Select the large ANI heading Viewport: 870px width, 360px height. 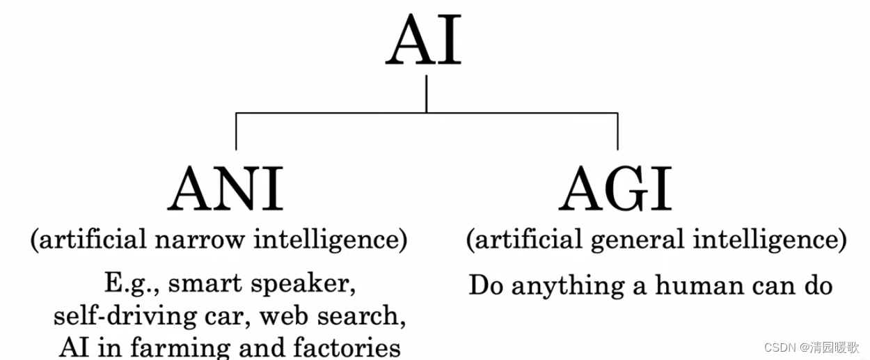226,189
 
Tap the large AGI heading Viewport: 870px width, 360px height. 616,189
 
